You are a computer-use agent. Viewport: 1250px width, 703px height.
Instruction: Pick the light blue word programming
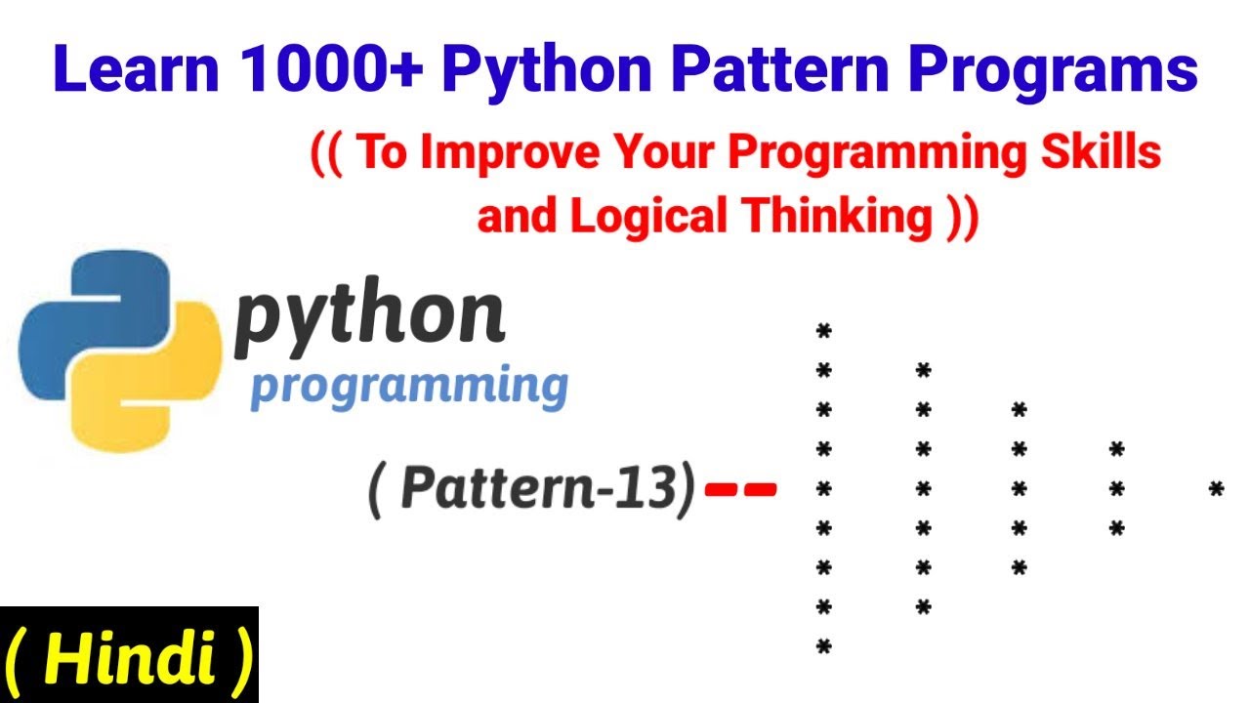[409, 387]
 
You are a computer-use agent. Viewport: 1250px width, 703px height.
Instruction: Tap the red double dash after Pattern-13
[740, 488]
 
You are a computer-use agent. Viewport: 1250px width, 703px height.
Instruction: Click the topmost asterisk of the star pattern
[823, 333]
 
